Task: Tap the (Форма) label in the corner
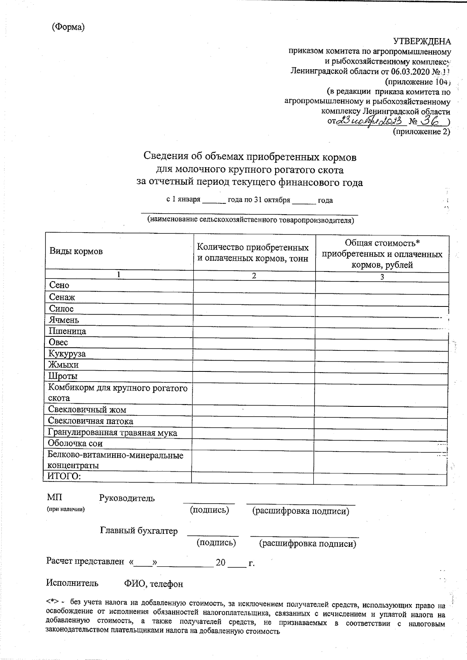(68, 27)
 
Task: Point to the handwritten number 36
(430, 122)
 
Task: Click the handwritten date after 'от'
(370, 121)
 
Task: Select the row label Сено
(59, 285)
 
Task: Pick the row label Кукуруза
(67, 354)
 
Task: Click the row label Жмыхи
(63, 365)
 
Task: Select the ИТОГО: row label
(64, 477)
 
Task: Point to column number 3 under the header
(382, 277)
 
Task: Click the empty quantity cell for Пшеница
(254, 331)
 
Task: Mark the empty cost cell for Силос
(381, 309)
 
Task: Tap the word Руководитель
(127, 498)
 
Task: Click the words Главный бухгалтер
(139, 531)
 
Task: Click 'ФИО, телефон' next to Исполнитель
(153, 584)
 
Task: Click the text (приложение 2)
(421, 132)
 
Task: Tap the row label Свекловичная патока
(90, 421)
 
